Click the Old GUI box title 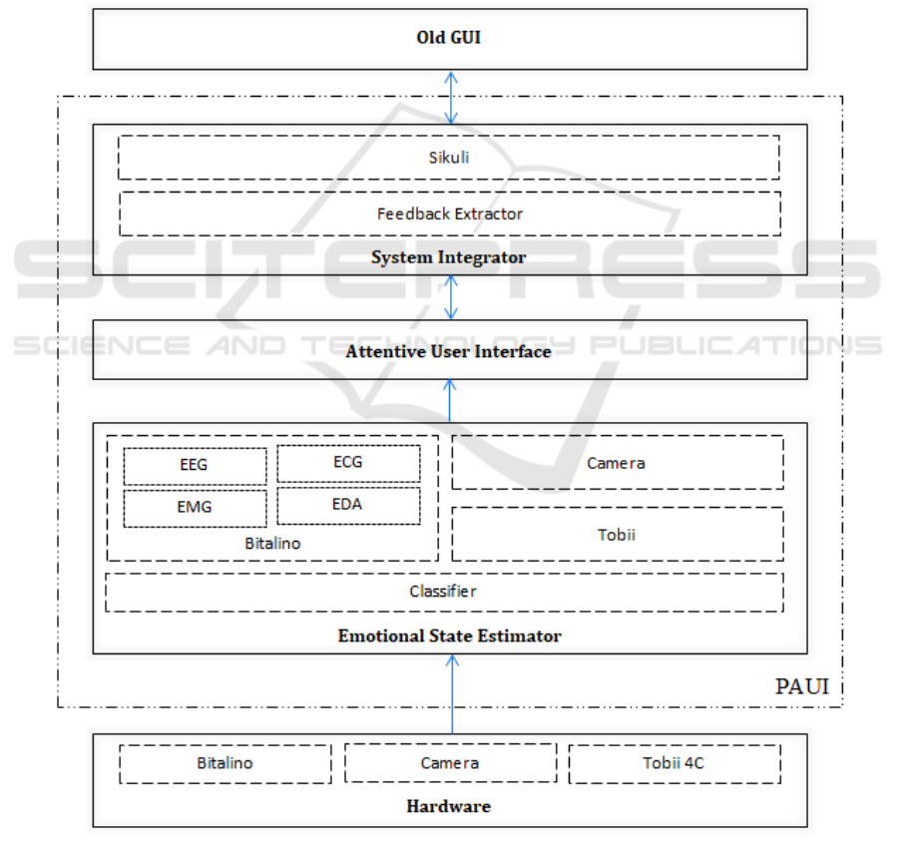[x=449, y=39]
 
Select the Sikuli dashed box [x=449, y=158]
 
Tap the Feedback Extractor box [x=450, y=213]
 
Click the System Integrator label [x=449, y=257]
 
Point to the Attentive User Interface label [x=449, y=351]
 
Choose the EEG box [x=195, y=465]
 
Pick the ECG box [x=348, y=463]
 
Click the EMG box [x=195, y=507]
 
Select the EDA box [x=348, y=505]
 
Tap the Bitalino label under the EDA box [x=272, y=544]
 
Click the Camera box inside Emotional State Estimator [x=617, y=463]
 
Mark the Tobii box [x=617, y=534]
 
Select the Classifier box [x=444, y=592]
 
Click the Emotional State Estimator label [x=449, y=635]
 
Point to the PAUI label [x=802, y=687]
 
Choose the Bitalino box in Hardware [x=225, y=763]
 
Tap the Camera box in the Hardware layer [x=450, y=763]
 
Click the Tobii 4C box [x=674, y=763]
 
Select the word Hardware [x=449, y=806]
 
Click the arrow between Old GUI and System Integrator [x=451, y=97]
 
